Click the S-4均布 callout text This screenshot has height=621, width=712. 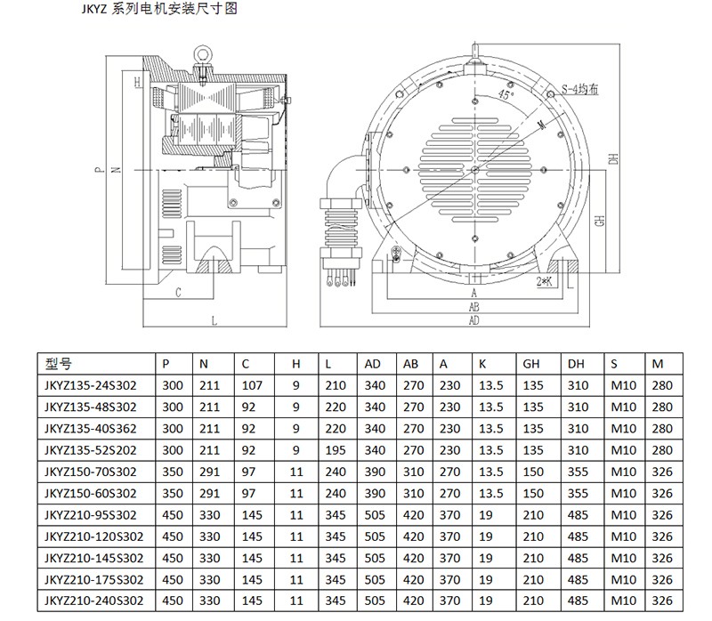[580, 90]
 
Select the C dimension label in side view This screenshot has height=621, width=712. [179, 292]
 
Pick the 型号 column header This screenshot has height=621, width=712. [57, 363]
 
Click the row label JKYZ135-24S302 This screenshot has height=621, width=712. [90, 385]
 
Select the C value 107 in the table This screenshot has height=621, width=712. [252, 385]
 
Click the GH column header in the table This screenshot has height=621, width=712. [531, 363]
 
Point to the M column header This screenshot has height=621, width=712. [658, 363]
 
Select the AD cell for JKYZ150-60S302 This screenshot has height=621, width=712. [375, 493]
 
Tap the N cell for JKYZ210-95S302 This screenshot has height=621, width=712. [210, 514]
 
